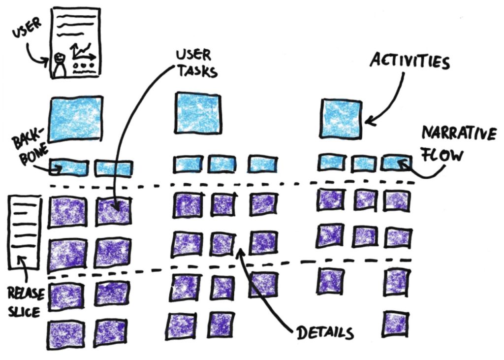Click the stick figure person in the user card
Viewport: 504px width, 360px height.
click(x=60, y=64)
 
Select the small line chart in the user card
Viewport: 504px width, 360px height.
click(x=82, y=50)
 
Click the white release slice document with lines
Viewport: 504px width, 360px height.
click(x=24, y=231)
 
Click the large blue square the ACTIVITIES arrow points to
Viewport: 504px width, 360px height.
click(x=341, y=119)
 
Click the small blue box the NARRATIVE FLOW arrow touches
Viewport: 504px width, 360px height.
click(x=396, y=163)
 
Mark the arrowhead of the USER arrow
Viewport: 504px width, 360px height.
click(x=49, y=62)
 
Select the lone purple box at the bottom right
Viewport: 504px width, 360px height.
click(x=396, y=323)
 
